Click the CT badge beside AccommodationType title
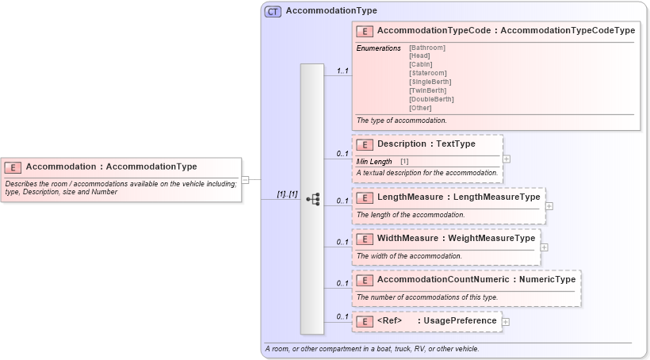[273, 11]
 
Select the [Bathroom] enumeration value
[426, 48]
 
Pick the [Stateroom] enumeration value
[428, 74]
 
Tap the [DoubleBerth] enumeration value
[431, 99]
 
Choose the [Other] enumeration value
[420, 108]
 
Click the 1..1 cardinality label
[342, 71]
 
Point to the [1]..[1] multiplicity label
[287, 194]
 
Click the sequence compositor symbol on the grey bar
[312, 200]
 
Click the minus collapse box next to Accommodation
[245, 180]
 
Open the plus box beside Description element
[507, 159]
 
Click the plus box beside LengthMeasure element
[549, 206]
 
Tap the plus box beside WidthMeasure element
[544, 247]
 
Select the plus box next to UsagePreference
[506, 322]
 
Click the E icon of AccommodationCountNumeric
[365, 280]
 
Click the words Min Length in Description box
[374, 162]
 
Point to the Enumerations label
[378, 48]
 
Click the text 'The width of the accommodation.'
[409, 256]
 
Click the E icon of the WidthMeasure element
[365, 239]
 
